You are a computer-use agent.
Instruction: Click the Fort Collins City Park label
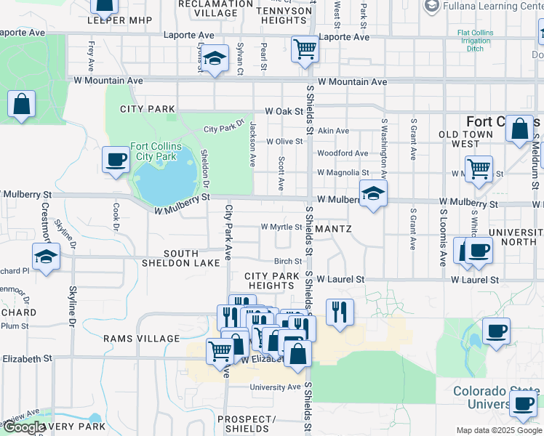coord(154,150)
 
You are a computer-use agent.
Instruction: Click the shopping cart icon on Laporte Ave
coord(305,49)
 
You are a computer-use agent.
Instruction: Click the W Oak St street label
coord(283,111)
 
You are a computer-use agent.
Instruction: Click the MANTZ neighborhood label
coord(334,229)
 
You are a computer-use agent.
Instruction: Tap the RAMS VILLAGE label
coord(141,339)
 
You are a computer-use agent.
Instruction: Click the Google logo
coord(24,428)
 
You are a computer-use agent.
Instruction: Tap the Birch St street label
coord(287,262)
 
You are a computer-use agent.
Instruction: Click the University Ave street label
coord(275,387)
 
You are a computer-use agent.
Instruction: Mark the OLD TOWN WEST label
coord(470,140)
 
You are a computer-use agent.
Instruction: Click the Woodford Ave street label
coord(343,153)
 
